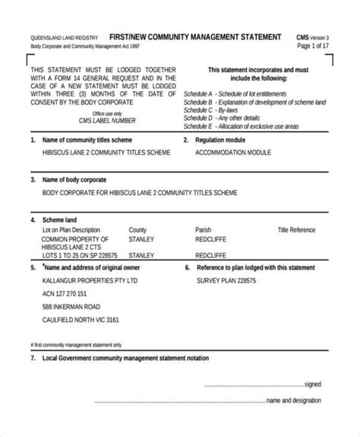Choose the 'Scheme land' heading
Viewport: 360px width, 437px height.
[59, 219]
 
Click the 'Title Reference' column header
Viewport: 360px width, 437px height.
[296, 229]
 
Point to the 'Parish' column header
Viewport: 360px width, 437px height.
[203, 229]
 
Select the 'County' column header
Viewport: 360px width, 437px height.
[137, 229]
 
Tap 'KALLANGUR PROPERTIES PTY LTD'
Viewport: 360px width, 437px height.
[90, 280]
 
